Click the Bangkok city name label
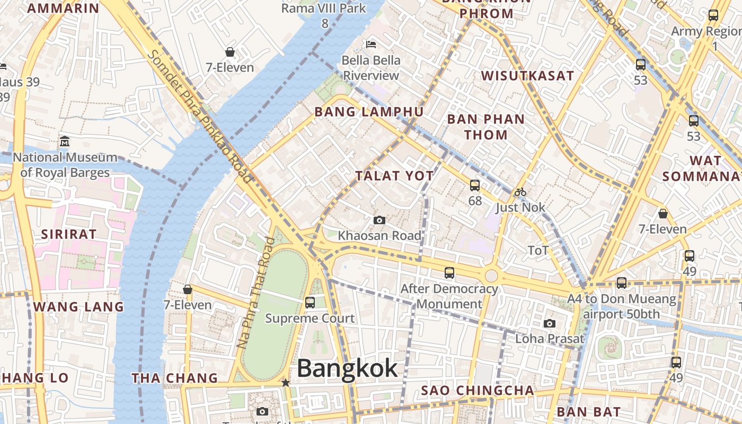tap(347, 368)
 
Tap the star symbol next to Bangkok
tap(286, 382)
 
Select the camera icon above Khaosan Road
tap(379, 220)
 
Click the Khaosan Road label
tap(379, 235)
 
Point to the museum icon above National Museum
tap(65, 142)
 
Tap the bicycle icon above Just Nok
tap(520, 192)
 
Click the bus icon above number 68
tap(475, 185)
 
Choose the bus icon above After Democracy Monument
tap(449, 273)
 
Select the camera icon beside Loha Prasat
tap(550, 323)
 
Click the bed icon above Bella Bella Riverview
tap(371, 44)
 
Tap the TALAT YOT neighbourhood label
tap(394, 176)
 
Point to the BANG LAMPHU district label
tap(369, 112)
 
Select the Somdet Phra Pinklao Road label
tap(200, 117)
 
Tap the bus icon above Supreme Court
tap(310, 303)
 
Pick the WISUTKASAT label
tap(527, 76)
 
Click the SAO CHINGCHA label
tap(478, 391)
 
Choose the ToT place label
tap(538, 250)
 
